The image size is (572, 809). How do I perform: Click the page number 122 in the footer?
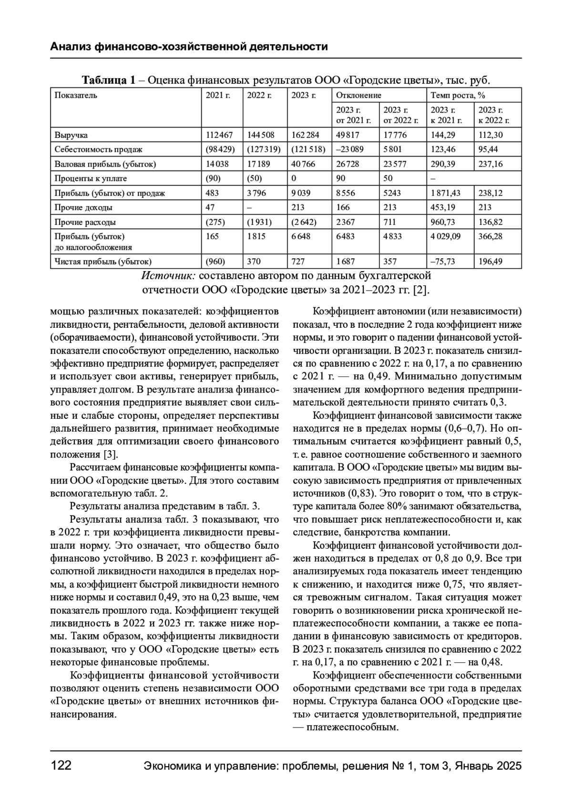point(61,766)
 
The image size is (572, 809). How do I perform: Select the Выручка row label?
point(71,135)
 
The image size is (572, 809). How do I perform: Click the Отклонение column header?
point(358,95)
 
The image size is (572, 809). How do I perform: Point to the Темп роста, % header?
point(458,95)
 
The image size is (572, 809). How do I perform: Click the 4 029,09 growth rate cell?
point(446,236)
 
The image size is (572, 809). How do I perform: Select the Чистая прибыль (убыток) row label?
point(103,262)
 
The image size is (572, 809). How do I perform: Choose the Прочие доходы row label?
point(83,208)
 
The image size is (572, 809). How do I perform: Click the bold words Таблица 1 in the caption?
point(109,80)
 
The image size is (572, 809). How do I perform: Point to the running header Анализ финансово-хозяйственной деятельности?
point(189,47)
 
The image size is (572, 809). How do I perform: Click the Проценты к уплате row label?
point(91,179)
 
